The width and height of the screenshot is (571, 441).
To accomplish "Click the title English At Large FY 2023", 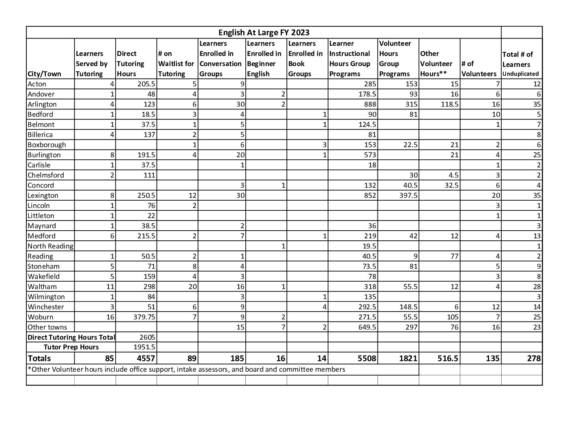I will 264,32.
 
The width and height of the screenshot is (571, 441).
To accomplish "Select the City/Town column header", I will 45,74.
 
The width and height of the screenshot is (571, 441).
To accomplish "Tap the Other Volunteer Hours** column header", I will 436,64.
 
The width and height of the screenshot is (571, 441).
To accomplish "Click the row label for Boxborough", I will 47,145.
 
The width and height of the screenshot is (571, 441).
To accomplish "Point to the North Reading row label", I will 50,246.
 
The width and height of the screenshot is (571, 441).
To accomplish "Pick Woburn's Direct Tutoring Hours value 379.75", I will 142,317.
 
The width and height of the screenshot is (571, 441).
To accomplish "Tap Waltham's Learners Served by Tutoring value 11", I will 111,287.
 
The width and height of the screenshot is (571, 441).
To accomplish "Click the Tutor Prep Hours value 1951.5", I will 145,347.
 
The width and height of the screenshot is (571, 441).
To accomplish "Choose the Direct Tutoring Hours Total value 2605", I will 147,337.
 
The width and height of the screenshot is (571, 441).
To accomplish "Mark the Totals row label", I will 39,358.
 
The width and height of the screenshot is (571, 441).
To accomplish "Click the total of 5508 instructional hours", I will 366,358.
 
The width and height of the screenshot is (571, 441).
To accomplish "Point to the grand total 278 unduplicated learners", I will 533,358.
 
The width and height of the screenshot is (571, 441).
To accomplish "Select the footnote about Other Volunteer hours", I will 187,369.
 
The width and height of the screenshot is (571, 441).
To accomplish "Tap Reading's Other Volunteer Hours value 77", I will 454,256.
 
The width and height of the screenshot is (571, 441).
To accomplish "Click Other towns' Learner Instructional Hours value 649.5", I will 367,327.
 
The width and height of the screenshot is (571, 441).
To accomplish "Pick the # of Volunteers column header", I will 479,69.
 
